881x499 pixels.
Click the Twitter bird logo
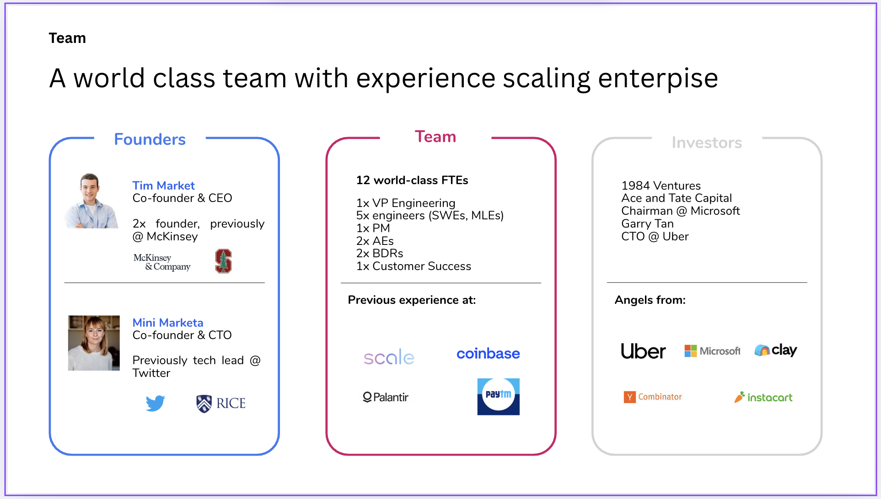pos(156,403)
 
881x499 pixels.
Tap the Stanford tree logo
pos(223,261)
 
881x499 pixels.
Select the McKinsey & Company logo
pos(162,262)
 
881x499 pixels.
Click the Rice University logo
pos(221,403)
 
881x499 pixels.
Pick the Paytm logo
pos(498,396)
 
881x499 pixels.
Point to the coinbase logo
pos(488,353)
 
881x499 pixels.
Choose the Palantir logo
pos(385,397)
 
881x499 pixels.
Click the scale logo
pos(389,357)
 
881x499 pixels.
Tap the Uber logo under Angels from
pos(643,351)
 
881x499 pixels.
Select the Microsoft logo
pos(712,350)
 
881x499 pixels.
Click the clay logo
pos(776,350)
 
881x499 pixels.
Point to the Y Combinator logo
pos(652,397)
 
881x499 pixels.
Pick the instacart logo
pos(763,397)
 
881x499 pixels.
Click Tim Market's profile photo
pos(92,201)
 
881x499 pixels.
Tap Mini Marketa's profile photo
pos(94,343)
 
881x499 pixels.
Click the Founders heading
pos(150,139)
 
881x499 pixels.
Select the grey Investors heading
pos(707,143)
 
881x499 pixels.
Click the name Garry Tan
pos(647,223)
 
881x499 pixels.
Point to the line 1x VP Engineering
pos(406,203)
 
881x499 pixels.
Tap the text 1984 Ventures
pos(661,186)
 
